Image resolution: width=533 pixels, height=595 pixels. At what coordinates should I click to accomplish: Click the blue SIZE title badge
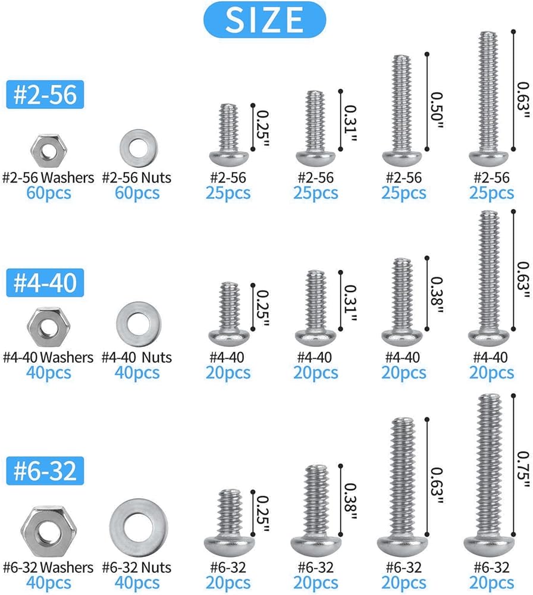coord(264,20)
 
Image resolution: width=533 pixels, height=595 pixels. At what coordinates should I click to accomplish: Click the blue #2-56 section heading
coord(45,95)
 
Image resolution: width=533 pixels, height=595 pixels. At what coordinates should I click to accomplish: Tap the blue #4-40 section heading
coord(45,283)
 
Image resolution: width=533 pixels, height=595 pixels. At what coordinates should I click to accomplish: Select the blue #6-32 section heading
coord(45,471)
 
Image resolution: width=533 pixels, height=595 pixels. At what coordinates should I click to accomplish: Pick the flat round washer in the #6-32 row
coord(139,528)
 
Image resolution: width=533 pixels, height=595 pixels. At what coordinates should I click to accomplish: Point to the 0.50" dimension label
coord(437,110)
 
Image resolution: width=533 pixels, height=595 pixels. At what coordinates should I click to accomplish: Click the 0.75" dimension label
coord(523,470)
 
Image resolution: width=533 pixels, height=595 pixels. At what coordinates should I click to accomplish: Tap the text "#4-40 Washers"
coord(48,357)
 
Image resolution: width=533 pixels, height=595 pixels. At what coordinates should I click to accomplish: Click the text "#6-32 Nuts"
coord(137,567)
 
